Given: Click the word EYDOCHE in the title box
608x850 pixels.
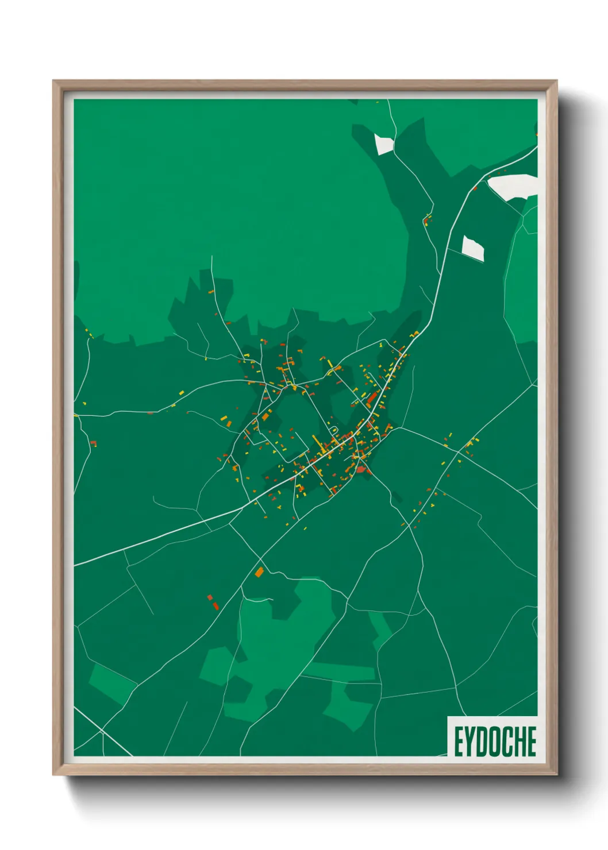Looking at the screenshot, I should (495, 741).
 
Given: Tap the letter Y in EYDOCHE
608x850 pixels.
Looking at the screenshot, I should (468, 741).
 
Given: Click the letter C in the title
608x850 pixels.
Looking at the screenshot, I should (509, 741).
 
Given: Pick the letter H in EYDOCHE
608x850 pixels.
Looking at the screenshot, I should (521, 741).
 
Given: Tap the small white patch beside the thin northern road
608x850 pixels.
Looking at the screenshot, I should (383, 144).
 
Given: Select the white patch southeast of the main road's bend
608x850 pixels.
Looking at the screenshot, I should (474, 248).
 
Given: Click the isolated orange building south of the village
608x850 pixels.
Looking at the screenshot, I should (259, 572).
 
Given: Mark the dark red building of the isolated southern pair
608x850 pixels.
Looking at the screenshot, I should (216, 605).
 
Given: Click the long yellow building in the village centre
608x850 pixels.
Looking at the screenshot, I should (318, 443).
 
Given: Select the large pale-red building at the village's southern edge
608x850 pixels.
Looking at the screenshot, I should (361, 469).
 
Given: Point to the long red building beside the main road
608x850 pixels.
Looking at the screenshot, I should (372, 398).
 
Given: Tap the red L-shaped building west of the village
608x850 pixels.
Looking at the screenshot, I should (94, 443).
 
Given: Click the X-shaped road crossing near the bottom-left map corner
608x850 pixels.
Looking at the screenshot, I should (101, 731).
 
